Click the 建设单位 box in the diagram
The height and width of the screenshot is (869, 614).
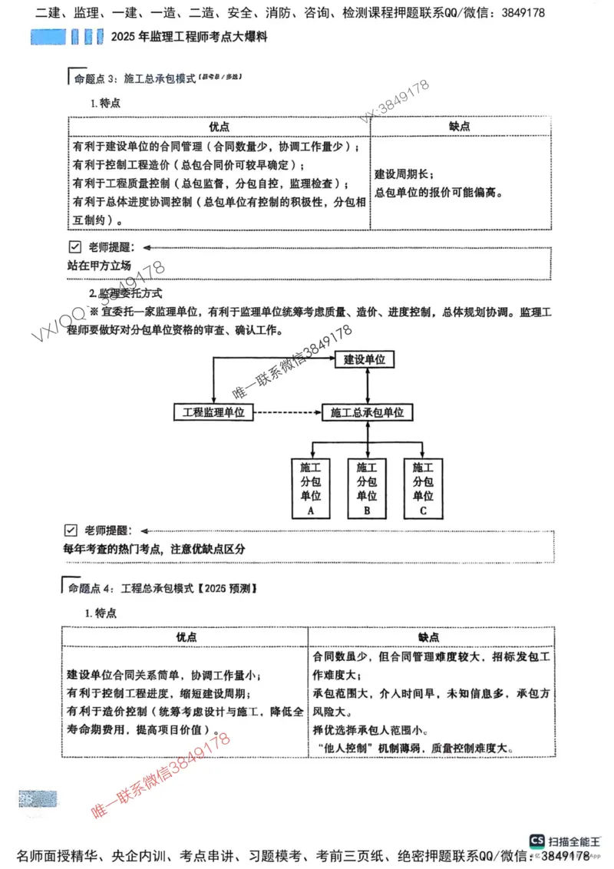click(364, 359)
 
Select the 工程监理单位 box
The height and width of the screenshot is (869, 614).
click(213, 412)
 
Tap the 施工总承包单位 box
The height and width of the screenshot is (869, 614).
click(368, 412)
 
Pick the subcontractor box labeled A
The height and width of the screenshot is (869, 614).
click(311, 488)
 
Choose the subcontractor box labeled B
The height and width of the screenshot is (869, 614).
click(367, 488)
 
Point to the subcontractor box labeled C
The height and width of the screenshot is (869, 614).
click(423, 488)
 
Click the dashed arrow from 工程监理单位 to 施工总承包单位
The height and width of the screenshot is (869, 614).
click(287, 412)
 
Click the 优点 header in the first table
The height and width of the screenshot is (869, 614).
click(219, 126)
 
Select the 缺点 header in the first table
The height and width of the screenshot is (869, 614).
click(460, 126)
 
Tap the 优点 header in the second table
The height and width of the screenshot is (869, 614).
click(186, 637)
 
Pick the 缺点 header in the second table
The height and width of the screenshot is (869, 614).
click(429, 637)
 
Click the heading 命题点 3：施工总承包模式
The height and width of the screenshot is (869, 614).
click(134, 78)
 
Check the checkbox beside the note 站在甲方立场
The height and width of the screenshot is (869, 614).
click(74, 247)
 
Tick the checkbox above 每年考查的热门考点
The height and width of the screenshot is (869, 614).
click(71, 530)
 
